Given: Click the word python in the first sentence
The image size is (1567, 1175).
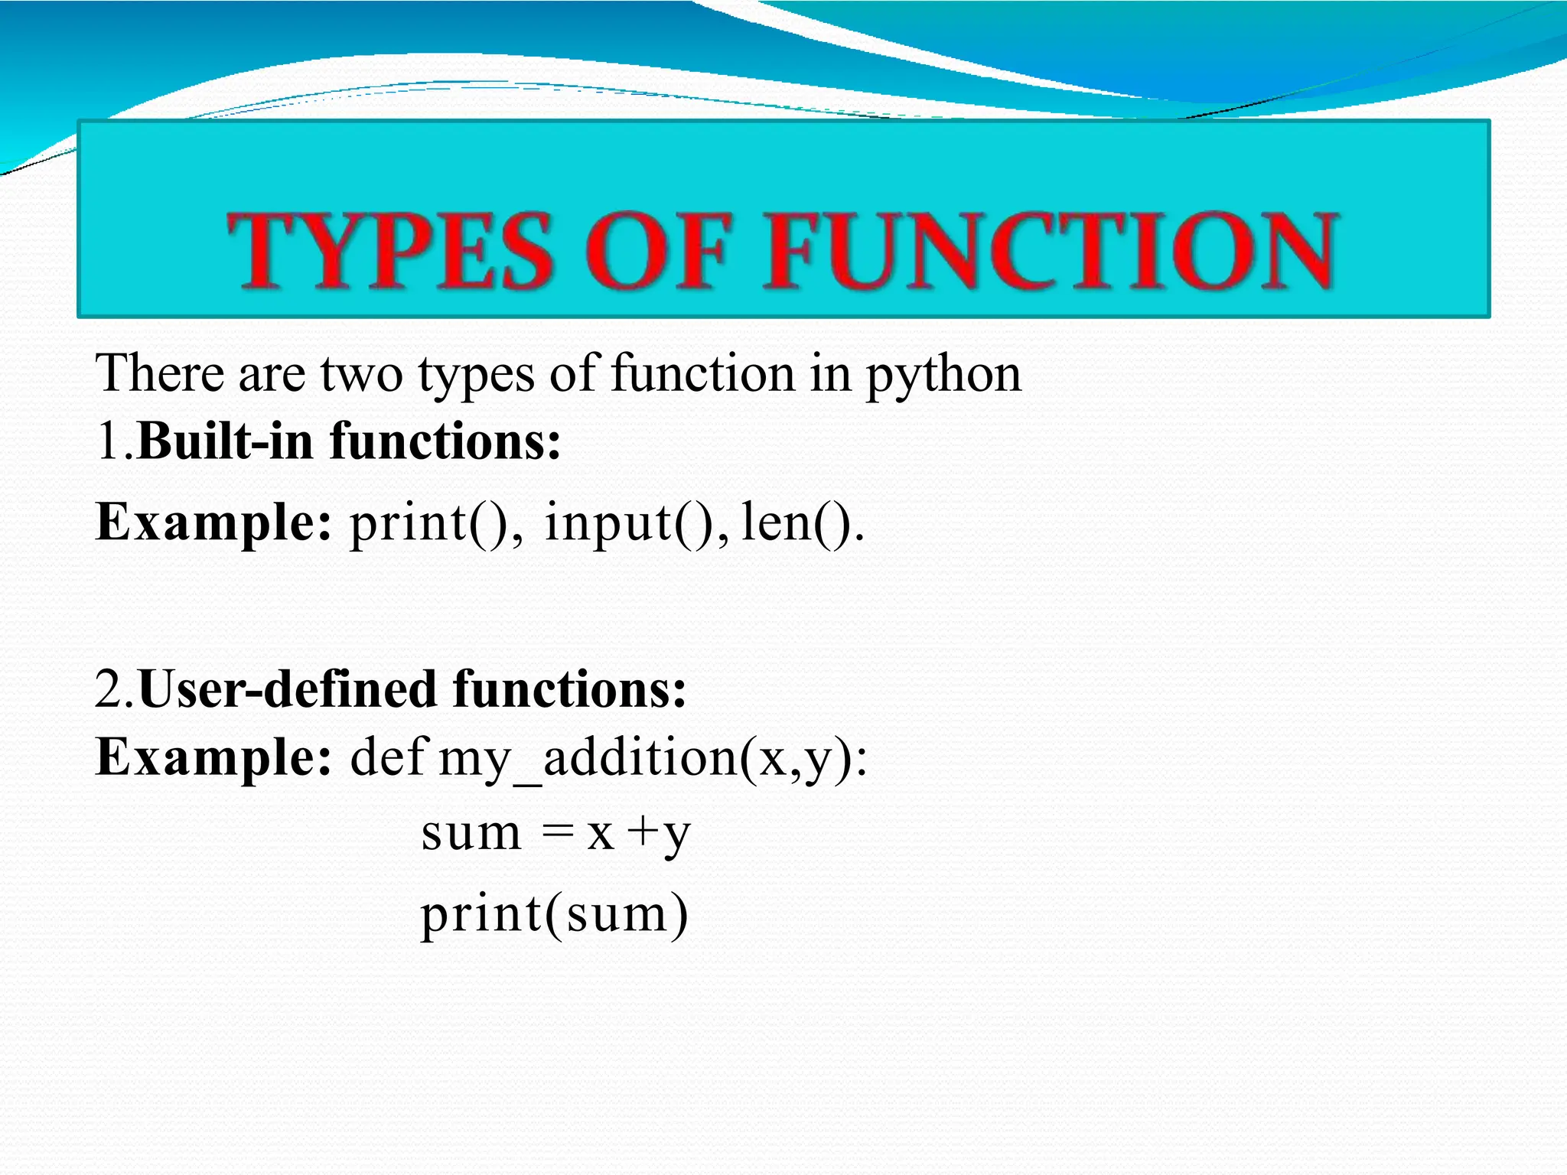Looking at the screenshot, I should tap(943, 376).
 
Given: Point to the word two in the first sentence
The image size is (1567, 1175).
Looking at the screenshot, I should tap(360, 374).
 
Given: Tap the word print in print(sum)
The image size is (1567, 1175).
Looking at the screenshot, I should tap(482, 913).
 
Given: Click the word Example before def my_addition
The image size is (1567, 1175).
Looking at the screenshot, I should tap(213, 757).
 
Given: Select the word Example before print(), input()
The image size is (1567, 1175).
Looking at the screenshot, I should tap(213, 523).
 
